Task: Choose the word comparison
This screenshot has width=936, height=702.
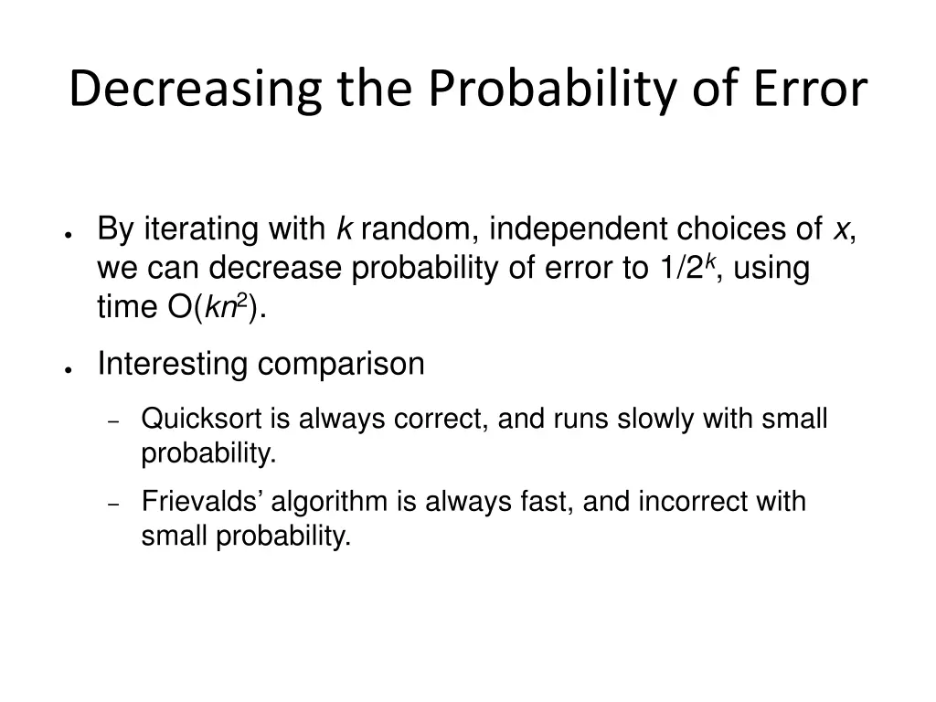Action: pos(340,365)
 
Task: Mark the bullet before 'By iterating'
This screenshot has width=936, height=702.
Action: pos(69,234)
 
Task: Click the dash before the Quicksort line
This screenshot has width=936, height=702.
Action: pos(114,422)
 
